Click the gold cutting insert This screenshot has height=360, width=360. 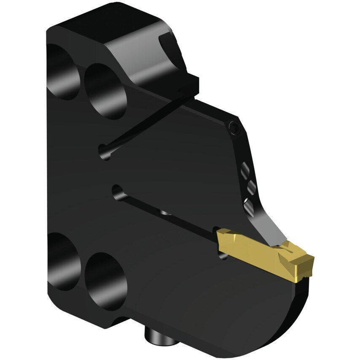click(x=266, y=253)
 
